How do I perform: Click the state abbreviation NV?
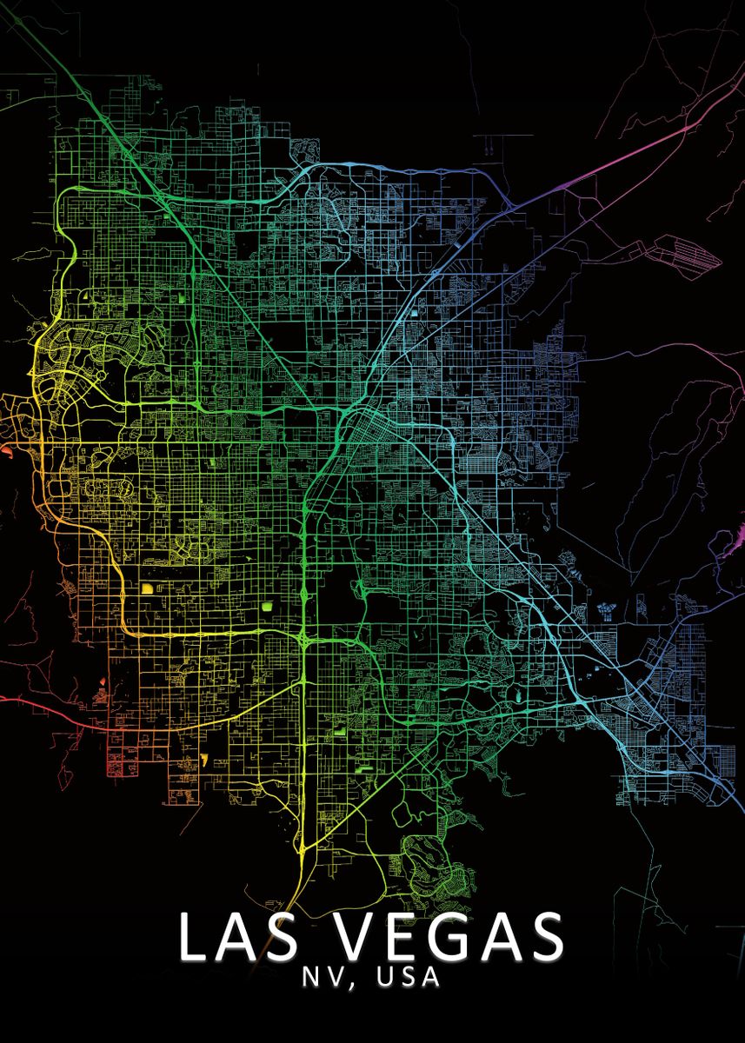pyautogui.click(x=319, y=978)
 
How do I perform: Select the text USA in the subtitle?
pyautogui.click(x=397, y=978)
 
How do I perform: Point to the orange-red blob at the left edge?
pyautogui.click(x=5, y=450)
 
